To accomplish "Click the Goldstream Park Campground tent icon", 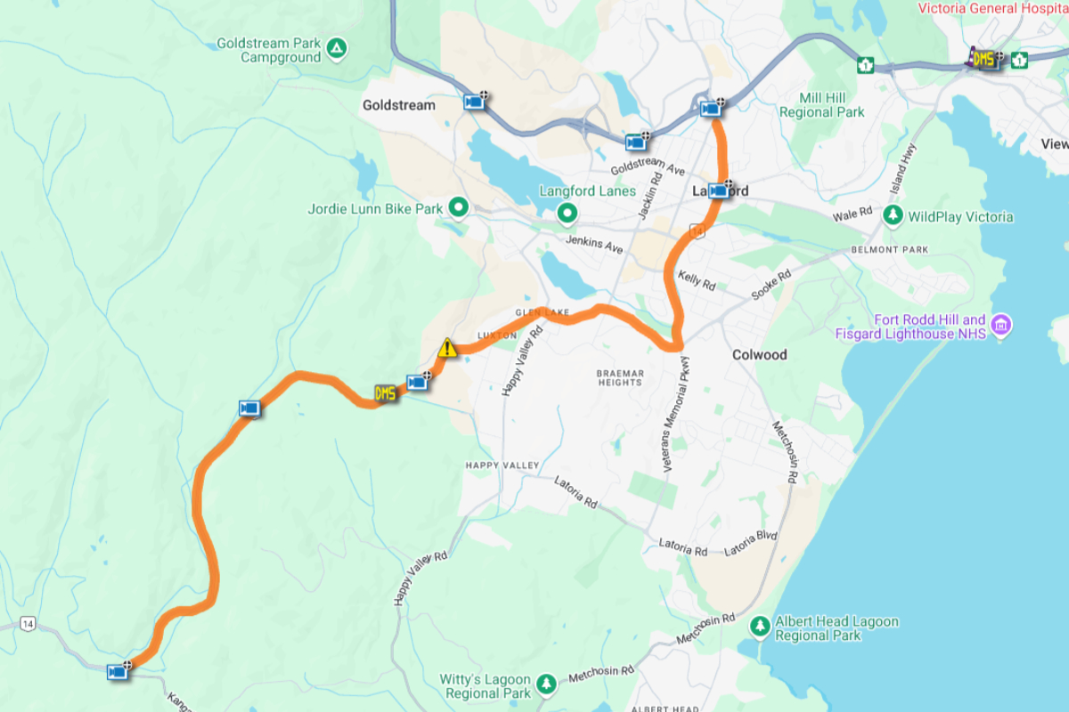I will click(337, 46).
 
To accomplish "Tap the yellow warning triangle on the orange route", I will click(447, 348).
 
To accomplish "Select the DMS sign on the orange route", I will click(385, 393).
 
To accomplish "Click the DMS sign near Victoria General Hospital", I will click(983, 60).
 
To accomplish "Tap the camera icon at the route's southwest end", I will click(117, 672).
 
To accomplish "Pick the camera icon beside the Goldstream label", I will click(474, 102).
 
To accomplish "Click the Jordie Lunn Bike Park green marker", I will click(459, 208).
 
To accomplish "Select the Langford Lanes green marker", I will click(567, 213).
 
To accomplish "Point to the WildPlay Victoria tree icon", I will click(893, 215).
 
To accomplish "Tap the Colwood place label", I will click(759, 354).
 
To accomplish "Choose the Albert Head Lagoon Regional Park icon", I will click(759, 627).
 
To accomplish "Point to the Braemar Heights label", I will click(620, 376).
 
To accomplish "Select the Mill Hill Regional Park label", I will click(821, 105).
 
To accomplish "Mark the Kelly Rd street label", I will click(697, 280).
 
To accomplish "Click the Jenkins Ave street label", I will click(594, 243).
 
